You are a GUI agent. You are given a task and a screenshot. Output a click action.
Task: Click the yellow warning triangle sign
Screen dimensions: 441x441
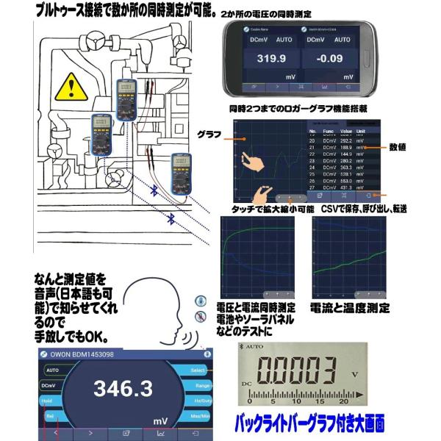[69, 87]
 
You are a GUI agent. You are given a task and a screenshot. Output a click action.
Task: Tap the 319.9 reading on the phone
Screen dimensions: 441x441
[269, 60]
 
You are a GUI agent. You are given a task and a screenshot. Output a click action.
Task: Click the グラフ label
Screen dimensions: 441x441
[210, 134]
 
